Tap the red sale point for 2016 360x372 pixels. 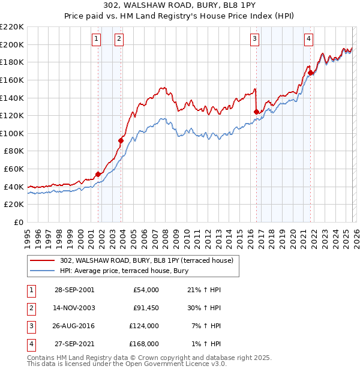(257, 112)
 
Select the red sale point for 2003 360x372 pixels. (121, 141)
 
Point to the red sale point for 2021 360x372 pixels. (311, 73)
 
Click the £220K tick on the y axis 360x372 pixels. (13, 27)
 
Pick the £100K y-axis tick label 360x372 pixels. (13, 133)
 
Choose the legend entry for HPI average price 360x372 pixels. (124, 271)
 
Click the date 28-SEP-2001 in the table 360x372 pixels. (74, 290)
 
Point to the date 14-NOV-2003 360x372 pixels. (74, 308)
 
